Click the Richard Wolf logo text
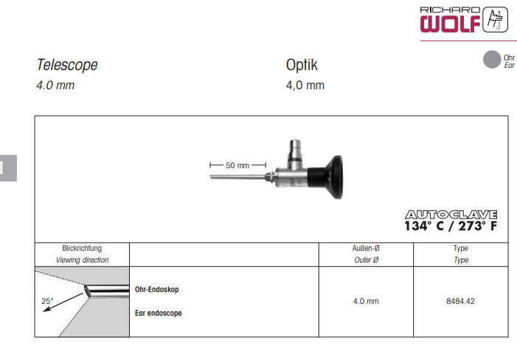[x=450, y=19]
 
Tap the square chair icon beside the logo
[x=495, y=19]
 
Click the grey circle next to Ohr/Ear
[x=492, y=59]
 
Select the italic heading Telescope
[x=67, y=65]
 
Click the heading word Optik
[x=302, y=65]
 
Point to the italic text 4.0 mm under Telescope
[x=55, y=85]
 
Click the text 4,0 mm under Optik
[x=305, y=85]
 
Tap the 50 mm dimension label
[x=237, y=165]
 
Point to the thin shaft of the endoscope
[x=237, y=177]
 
